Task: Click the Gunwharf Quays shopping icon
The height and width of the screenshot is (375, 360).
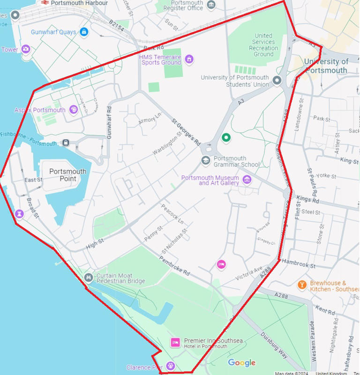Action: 84,32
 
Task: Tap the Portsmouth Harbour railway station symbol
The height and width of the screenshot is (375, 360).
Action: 45,2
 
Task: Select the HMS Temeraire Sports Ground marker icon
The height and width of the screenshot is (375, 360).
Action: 189,59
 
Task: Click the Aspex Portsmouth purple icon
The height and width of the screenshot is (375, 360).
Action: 74,110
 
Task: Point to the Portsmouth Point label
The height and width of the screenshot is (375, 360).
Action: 68,175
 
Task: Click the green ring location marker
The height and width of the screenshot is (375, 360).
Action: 226,138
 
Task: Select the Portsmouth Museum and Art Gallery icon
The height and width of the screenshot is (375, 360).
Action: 247,179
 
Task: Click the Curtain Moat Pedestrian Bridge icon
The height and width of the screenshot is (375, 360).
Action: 88,278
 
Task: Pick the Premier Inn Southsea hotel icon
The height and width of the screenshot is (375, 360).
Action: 175,343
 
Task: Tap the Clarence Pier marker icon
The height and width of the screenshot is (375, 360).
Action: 171,366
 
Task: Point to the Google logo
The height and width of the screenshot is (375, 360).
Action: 242,362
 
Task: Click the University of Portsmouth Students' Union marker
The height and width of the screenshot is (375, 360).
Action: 277,81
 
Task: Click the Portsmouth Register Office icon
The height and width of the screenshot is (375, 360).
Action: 211,5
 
